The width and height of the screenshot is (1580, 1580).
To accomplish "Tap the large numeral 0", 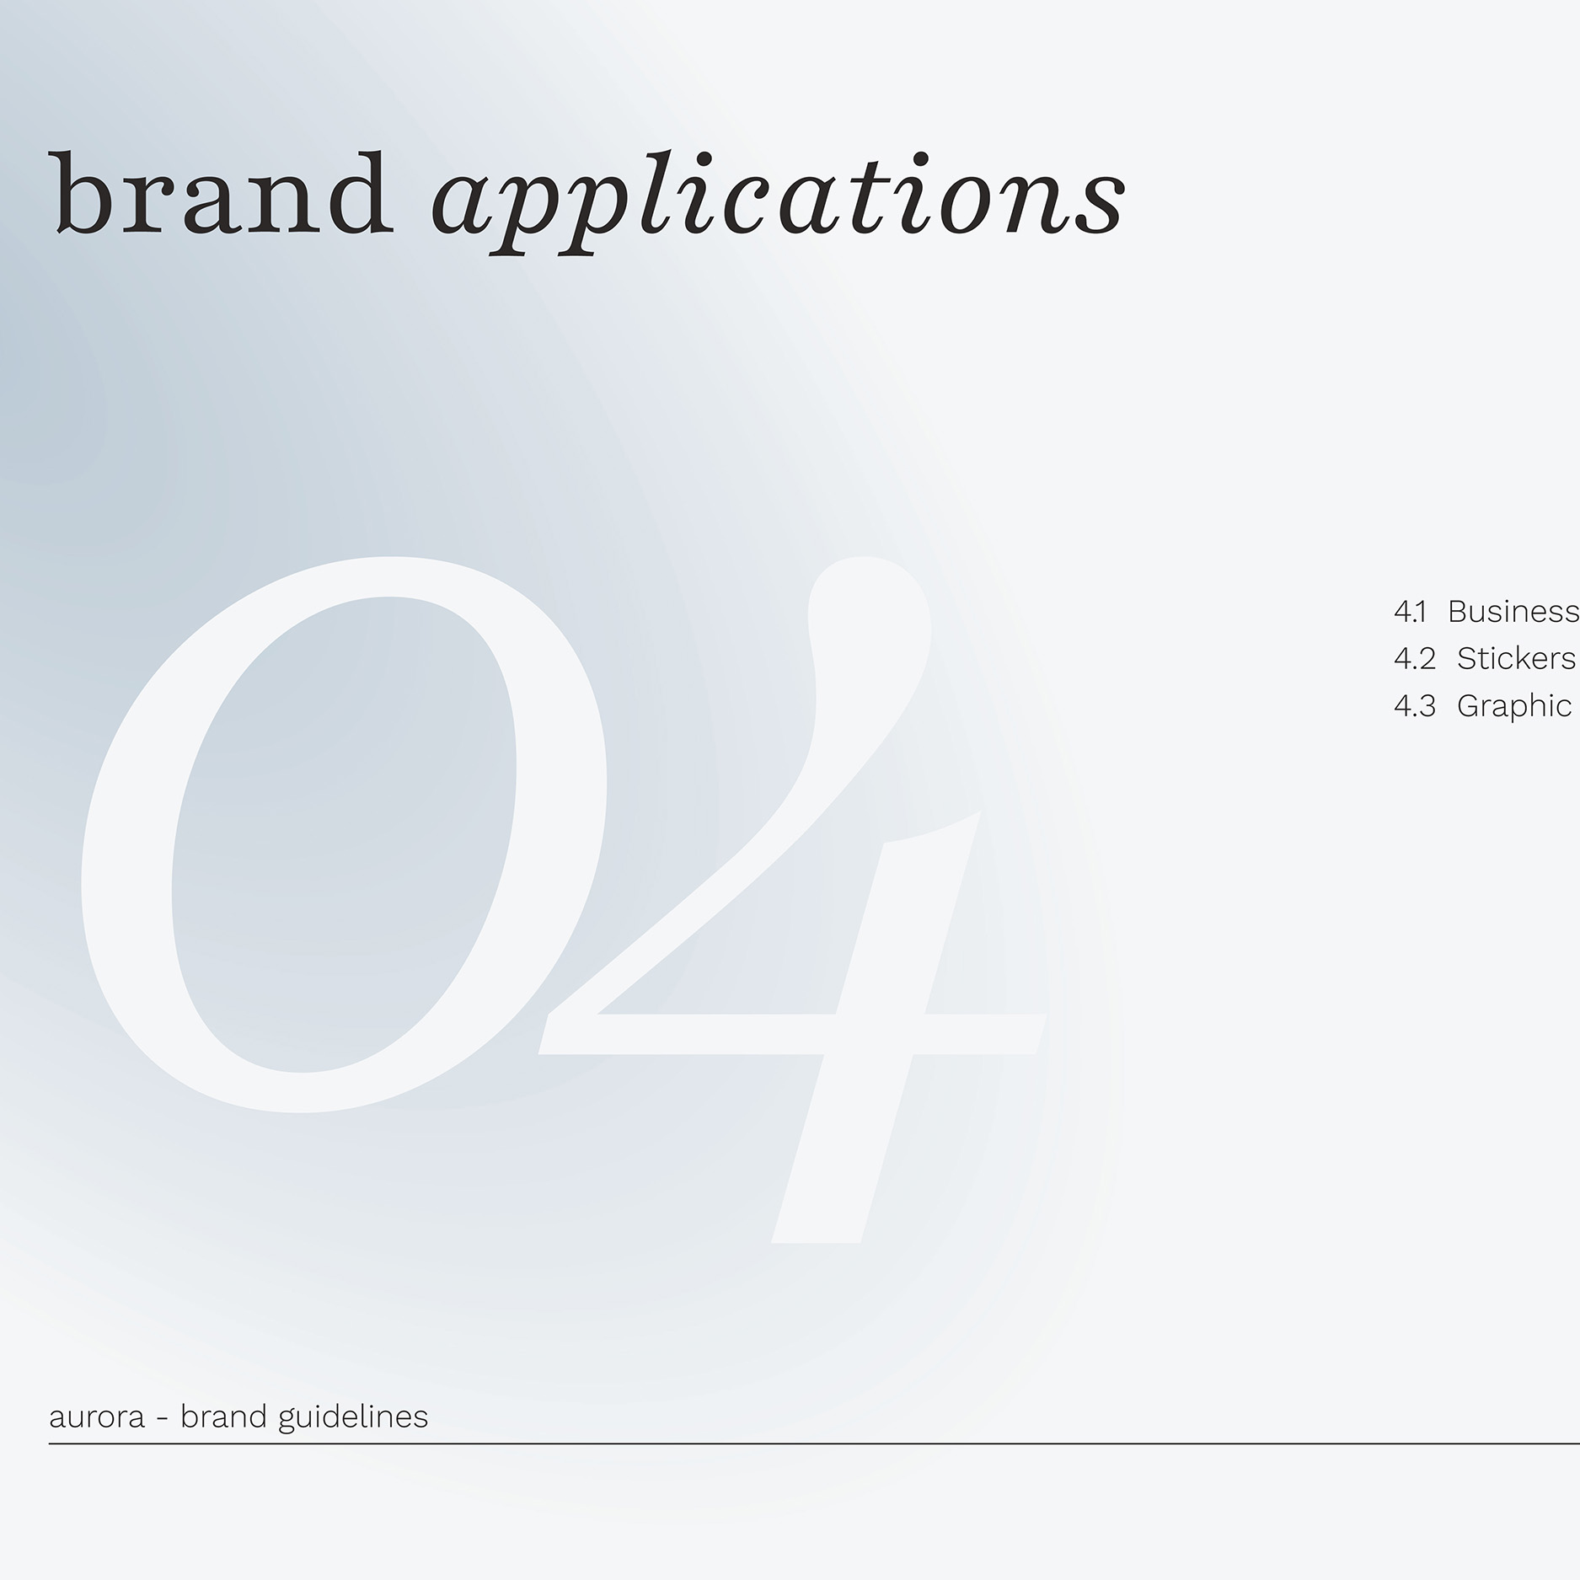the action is (344, 834).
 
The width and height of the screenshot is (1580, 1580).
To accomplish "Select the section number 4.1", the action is (1410, 612).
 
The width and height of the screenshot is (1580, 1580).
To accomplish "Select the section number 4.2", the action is (1414, 659).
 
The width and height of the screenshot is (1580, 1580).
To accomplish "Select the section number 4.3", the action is (1414, 706).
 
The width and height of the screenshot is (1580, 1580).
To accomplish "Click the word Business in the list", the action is (1513, 612).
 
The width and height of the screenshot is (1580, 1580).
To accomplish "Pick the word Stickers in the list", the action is (1517, 659).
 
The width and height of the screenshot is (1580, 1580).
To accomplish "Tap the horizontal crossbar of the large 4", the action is (792, 1033).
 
